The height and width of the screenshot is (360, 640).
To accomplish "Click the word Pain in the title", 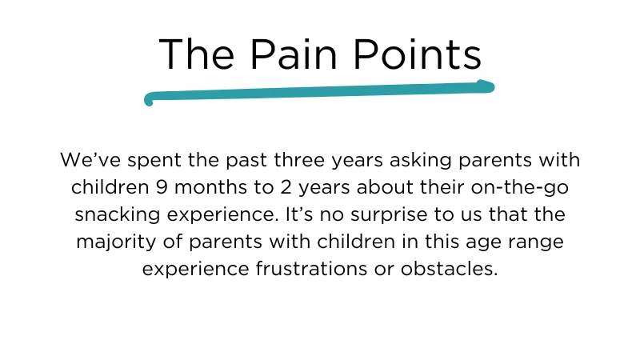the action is coord(294,54).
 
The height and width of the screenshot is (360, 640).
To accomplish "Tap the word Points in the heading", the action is coord(418,54).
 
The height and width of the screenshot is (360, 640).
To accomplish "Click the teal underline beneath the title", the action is coord(319,92).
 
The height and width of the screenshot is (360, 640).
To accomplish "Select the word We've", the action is coord(90,159).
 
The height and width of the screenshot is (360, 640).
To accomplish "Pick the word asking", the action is coord(421,162).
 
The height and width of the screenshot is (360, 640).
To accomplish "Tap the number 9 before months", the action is coord(162,187).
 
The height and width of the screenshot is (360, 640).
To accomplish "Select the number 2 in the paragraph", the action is coord(286,187).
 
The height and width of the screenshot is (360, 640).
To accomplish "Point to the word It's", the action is coord(299,214).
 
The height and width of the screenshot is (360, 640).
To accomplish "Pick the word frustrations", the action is coord(311,269).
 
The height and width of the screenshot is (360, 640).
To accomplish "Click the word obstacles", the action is coord(449,269).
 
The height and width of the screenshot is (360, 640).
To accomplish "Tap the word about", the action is coord(385,187).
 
